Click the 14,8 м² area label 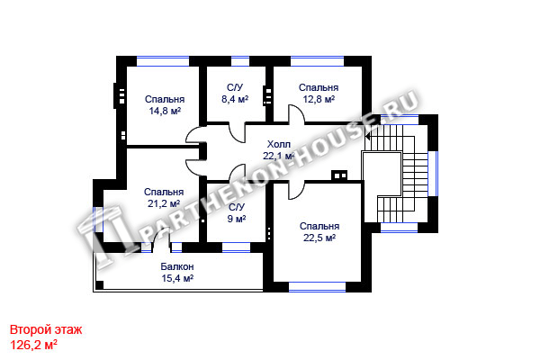(x=165, y=112)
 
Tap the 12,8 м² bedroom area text (x=319, y=100)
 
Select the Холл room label (x=279, y=144)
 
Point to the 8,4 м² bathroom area (x=235, y=100)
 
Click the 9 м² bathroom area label (x=236, y=219)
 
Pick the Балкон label (x=177, y=266)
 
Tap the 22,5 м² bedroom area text (x=319, y=238)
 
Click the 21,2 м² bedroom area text (x=164, y=204)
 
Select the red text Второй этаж (x=46, y=329)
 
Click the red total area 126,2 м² (x=33, y=345)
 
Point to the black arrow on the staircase (x=368, y=137)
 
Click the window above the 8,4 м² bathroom (x=240, y=61)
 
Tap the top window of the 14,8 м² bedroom (x=163, y=61)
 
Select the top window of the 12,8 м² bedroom (x=317, y=61)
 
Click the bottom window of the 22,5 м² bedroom (x=317, y=287)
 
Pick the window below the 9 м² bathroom (x=236, y=247)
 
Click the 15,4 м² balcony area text (x=177, y=278)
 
